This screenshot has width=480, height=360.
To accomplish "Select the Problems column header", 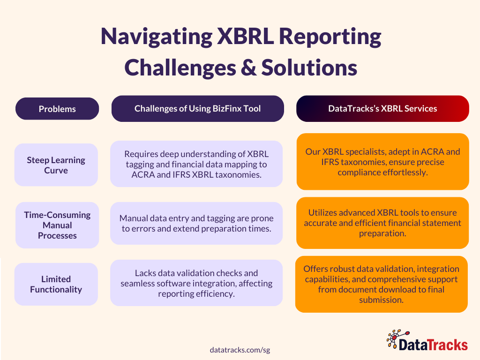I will coord(57,109).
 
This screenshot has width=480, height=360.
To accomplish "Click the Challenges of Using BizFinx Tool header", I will coord(197,109).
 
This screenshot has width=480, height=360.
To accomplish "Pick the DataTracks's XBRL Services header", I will coord(382,109).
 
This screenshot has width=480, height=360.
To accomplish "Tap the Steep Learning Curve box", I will coord(56,165).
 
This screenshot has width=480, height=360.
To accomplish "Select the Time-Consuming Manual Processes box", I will coord(57,225).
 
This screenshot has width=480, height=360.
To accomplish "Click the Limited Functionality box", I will coord(56,284).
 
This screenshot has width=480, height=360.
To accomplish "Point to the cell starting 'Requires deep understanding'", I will coord(196,164).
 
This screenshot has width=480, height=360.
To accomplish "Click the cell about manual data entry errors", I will coord(196,223).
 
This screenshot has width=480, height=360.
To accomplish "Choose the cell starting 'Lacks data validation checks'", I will coord(196,283).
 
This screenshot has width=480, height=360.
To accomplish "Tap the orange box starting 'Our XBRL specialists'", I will coord(382,162).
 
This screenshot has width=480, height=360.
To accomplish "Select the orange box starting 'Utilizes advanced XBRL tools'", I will coord(382,223).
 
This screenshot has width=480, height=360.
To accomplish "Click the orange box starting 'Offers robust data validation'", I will coord(382,284).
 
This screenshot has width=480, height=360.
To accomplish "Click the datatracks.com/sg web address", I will coord(240,350).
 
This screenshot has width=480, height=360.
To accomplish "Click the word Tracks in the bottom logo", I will coord(445,345).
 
